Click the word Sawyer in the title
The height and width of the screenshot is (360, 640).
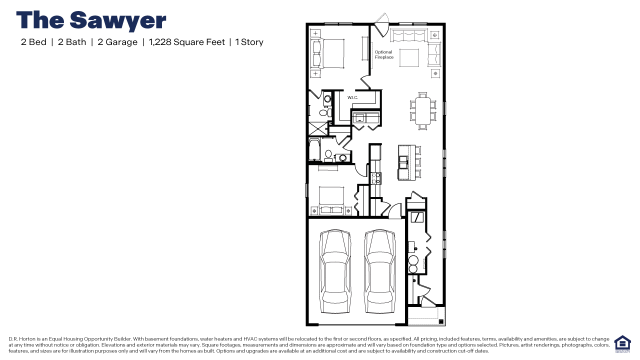(x=118, y=20)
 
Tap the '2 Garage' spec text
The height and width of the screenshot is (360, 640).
(x=117, y=42)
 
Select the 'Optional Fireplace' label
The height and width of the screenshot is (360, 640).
(x=383, y=54)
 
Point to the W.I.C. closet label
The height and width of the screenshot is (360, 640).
(x=353, y=97)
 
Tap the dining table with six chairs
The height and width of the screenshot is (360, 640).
(x=422, y=110)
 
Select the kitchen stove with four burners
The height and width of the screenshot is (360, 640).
(x=376, y=178)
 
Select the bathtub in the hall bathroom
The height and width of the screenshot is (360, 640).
(x=314, y=150)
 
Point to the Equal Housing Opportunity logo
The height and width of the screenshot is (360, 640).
(x=622, y=344)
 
